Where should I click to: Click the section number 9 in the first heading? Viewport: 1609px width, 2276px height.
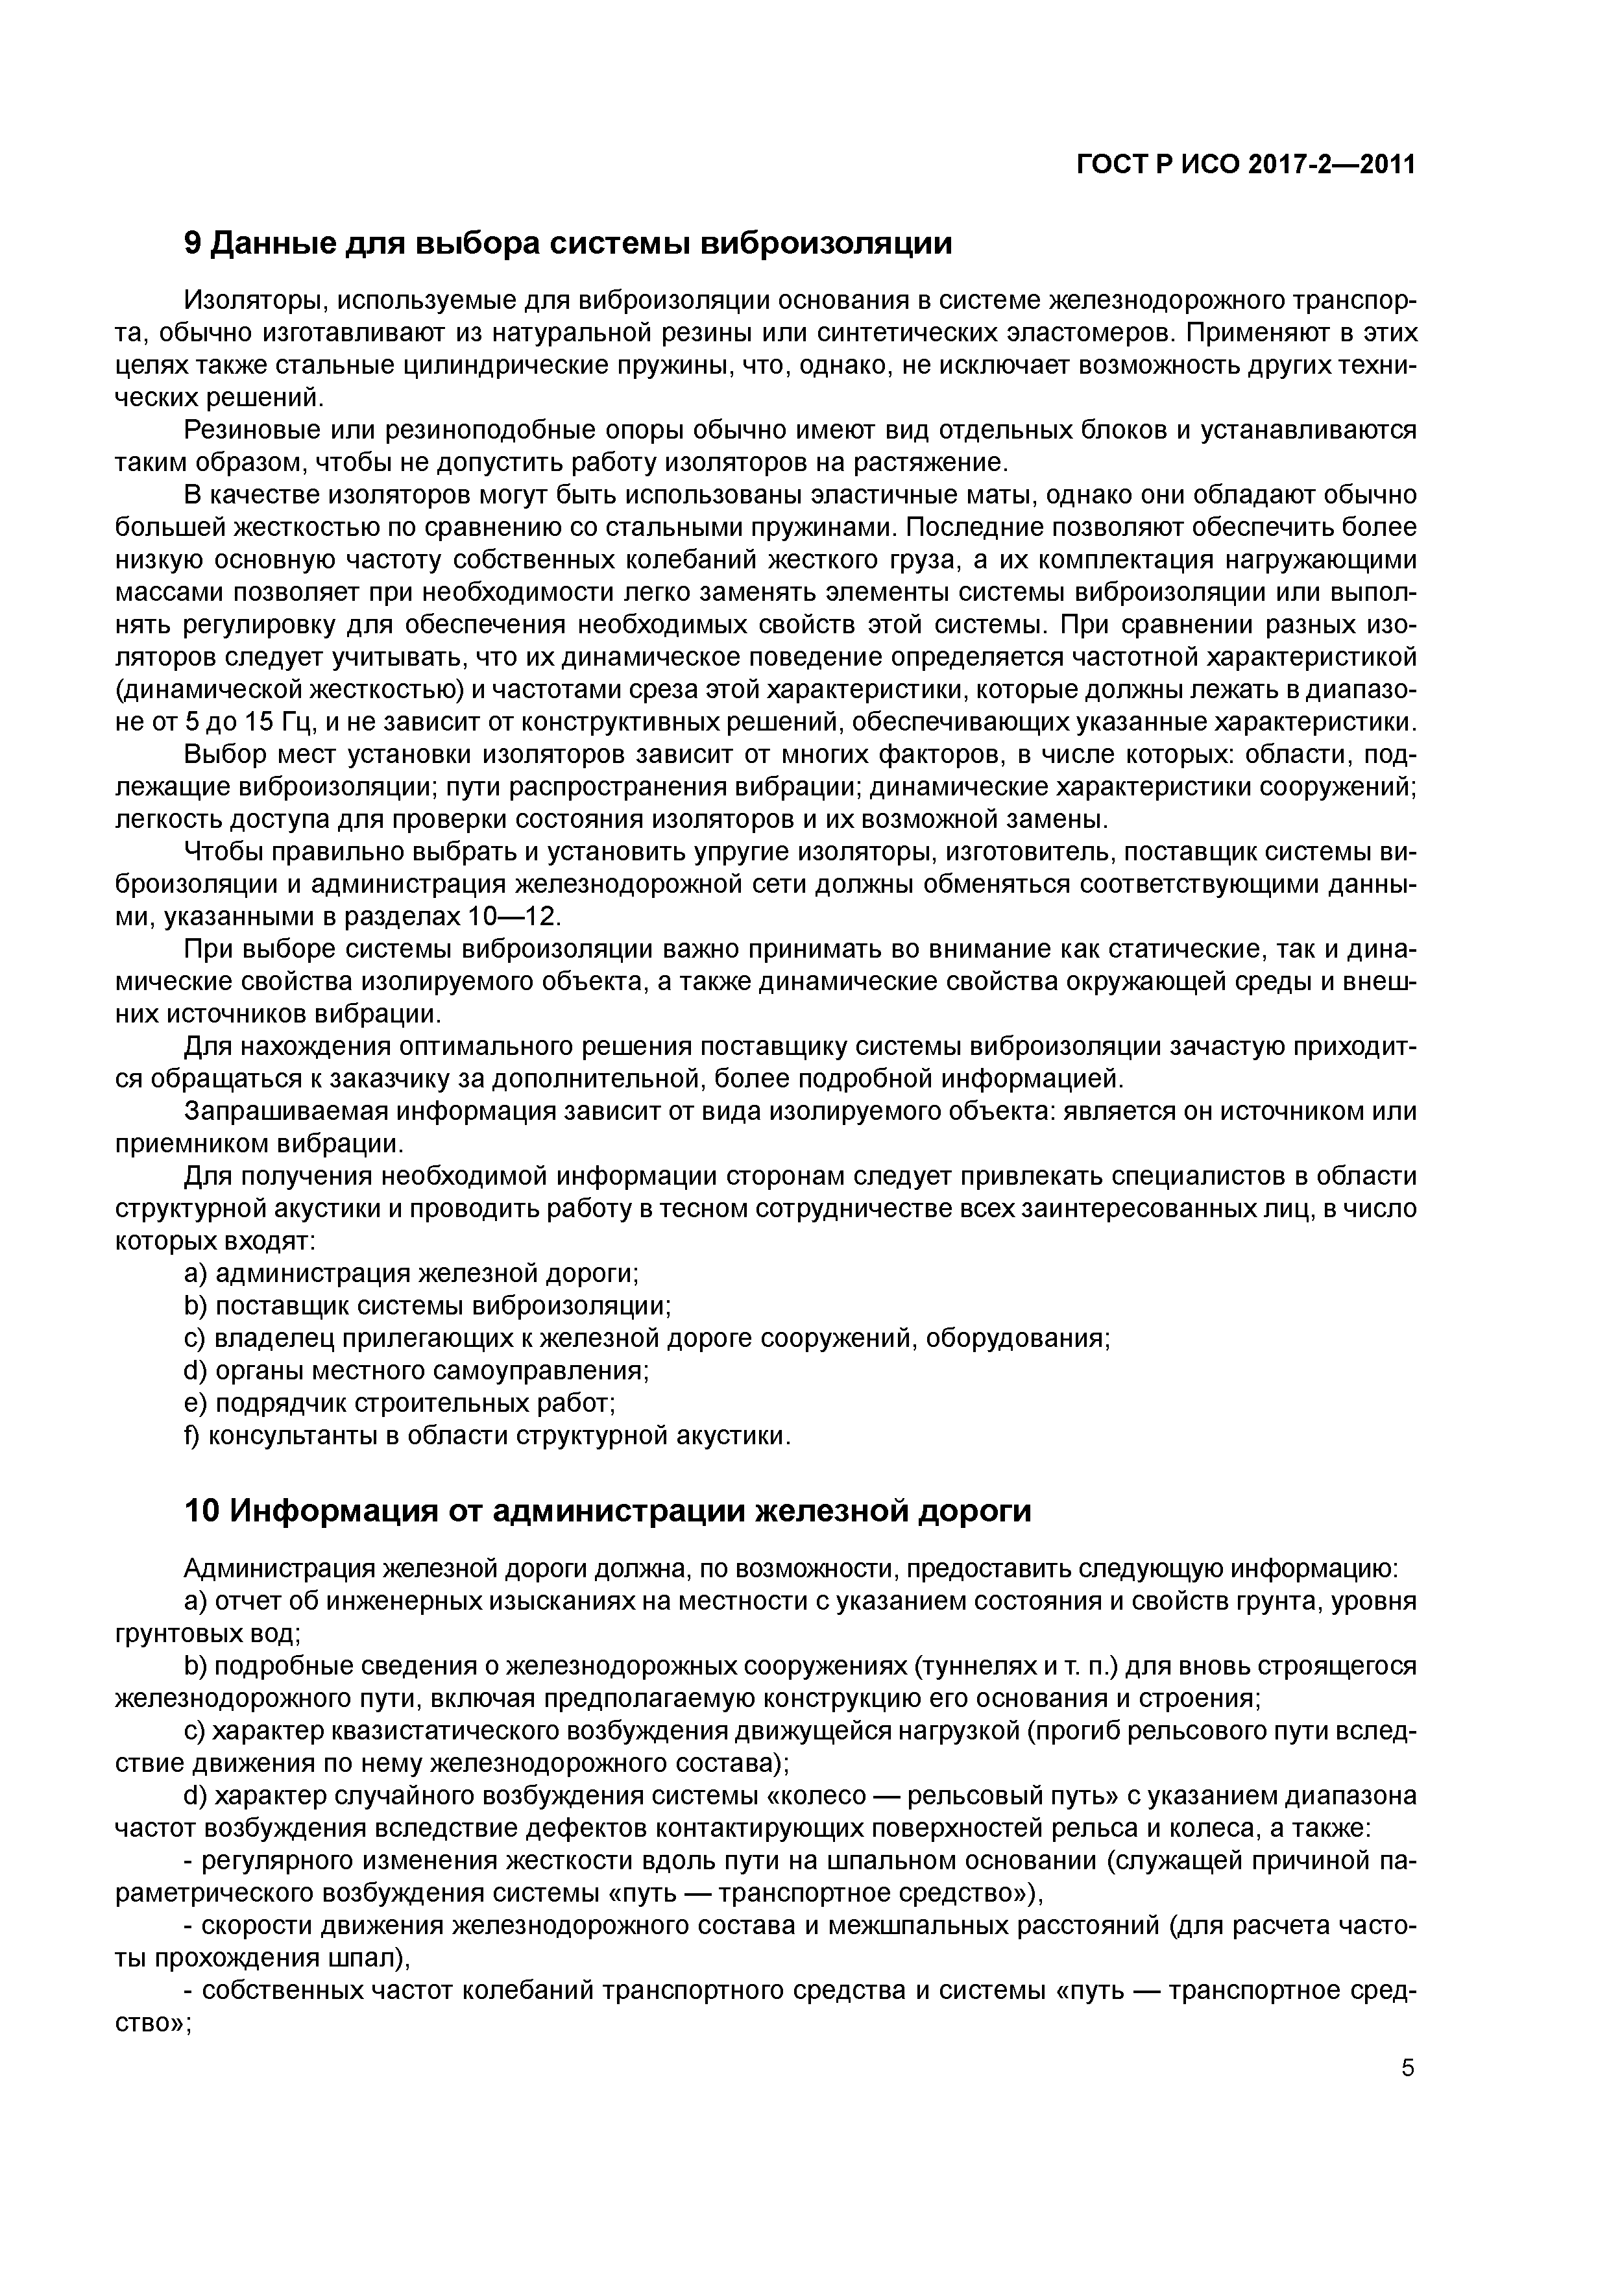click(x=193, y=243)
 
